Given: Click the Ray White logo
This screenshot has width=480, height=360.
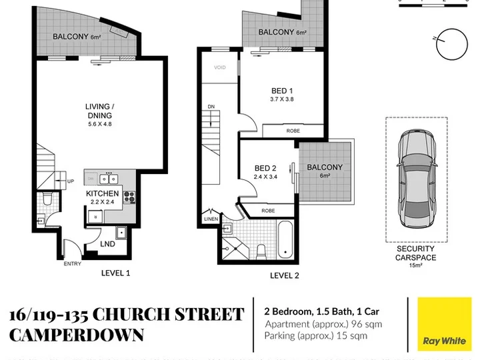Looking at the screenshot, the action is tap(445, 324).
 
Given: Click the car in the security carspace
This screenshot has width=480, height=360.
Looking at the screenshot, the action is tap(417, 179).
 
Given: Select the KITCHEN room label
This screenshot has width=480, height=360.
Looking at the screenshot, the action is tap(102, 193).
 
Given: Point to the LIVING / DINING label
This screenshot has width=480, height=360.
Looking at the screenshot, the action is tap(100, 111).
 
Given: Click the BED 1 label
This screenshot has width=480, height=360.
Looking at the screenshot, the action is tap(282, 91).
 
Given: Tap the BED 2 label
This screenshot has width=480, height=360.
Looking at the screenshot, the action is tap(265, 168).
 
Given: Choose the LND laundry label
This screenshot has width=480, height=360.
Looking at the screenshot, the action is tap(108, 244).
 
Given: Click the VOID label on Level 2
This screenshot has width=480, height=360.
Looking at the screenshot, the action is tap(220, 67).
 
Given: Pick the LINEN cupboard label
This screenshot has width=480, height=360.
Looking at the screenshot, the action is tap(211, 219).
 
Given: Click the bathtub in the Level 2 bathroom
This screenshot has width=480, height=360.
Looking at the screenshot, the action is tap(285, 239).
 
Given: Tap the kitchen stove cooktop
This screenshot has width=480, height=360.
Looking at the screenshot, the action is tap(129, 197).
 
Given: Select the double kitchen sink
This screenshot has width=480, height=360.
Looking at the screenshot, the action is tap(109, 179).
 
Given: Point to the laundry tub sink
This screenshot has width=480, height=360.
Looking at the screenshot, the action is tap(121, 233).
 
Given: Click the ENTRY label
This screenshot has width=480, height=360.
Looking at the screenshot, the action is tap(72, 263).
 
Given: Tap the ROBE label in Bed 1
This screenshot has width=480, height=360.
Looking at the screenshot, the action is tap(293, 131).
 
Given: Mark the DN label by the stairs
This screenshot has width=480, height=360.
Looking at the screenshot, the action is tap(211, 107).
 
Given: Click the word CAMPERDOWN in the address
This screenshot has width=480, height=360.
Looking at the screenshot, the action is tap(77, 335).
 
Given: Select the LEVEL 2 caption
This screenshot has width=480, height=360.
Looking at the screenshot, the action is tap(285, 275).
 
